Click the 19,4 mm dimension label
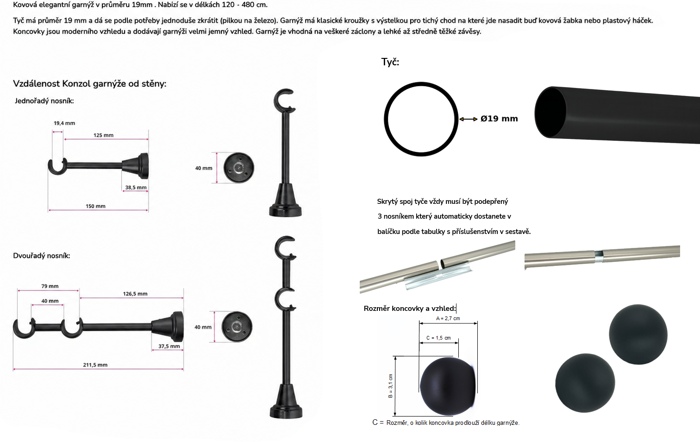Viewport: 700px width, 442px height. [64, 123]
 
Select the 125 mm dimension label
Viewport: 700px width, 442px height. [103, 135]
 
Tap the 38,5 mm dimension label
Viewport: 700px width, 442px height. [136, 187]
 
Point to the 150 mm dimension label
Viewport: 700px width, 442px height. [96, 206]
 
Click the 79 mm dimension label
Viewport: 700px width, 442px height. [50, 286]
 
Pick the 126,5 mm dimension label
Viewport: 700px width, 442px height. [135, 294]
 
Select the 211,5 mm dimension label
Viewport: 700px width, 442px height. [95, 365]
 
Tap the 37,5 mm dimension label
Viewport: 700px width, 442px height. [169, 346]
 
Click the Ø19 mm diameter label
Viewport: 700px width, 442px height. [499, 119]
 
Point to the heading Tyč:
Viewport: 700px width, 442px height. [390, 62]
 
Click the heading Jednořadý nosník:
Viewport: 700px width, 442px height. [44, 101]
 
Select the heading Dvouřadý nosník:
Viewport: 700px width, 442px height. [42, 256]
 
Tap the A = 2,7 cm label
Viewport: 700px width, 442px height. [448, 318]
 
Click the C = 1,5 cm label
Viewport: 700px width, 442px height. [438, 338]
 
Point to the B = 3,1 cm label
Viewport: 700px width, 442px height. [390, 385]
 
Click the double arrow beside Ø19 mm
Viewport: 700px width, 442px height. [468, 119]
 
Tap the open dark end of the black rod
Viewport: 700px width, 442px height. [550, 112]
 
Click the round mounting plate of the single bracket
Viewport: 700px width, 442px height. [239, 168]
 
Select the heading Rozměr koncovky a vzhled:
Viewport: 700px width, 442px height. [410, 309]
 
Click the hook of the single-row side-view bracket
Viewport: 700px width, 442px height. [57, 167]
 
